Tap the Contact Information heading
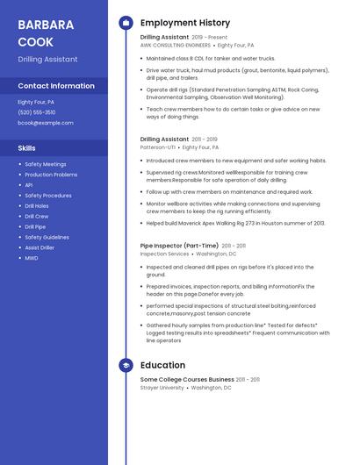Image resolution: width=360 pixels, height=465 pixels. pyautogui.click(x=56, y=86)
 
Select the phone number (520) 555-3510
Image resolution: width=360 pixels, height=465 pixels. pyautogui.click(x=37, y=112)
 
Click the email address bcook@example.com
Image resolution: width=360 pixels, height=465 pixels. pyautogui.click(x=46, y=123)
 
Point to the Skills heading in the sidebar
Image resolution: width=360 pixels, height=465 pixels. pyautogui.click(x=27, y=148)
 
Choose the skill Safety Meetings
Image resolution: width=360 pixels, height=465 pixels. pyautogui.click(x=46, y=164)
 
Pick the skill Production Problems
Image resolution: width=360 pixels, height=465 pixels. pyautogui.click(x=51, y=175)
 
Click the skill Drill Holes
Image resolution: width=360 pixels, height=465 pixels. pyautogui.click(x=37, y=206)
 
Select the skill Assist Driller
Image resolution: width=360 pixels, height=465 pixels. pyautogui.click(x=40, y=248)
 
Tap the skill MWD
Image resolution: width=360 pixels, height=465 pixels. pyautogui.click(x=32, y=259)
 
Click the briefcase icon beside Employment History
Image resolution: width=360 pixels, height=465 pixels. pyautogui.click(x=126, y=23)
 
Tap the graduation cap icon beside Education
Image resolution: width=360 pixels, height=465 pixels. pyautogui.click(x=126, y=365)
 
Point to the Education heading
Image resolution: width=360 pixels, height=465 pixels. pyautogui.click(x=162, y=365)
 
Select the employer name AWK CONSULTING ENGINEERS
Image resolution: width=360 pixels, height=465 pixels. pyautogui.click(x=176, y=45)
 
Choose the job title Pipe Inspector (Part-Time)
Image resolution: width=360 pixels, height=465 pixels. pyautogui.click(x=180, y=246)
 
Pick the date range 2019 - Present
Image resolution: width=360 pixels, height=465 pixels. pyautogui.click(x=209, y=38)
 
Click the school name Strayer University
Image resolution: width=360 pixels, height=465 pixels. pyautogui.click(x=162, y=387)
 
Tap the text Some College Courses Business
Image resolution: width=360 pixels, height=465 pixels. pyautogui.click(x=187, y=379)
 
